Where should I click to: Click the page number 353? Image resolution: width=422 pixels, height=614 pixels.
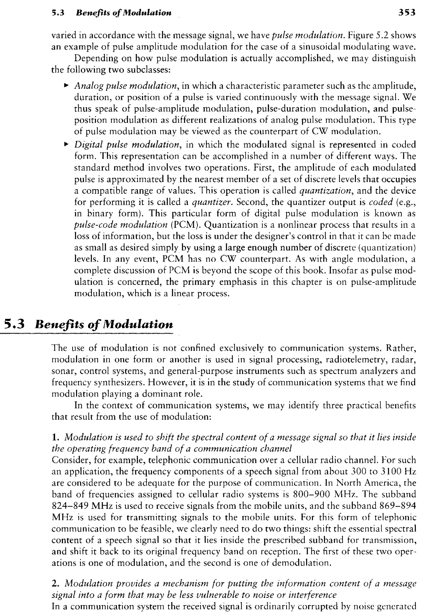[407, 13]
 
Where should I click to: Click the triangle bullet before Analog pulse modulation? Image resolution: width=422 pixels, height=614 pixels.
[66, 85]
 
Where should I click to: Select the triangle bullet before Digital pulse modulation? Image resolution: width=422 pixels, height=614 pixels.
[66, 144]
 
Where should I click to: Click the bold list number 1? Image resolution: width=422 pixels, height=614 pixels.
[55, 437]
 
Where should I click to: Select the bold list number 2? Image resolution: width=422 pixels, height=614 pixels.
[55, 583]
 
